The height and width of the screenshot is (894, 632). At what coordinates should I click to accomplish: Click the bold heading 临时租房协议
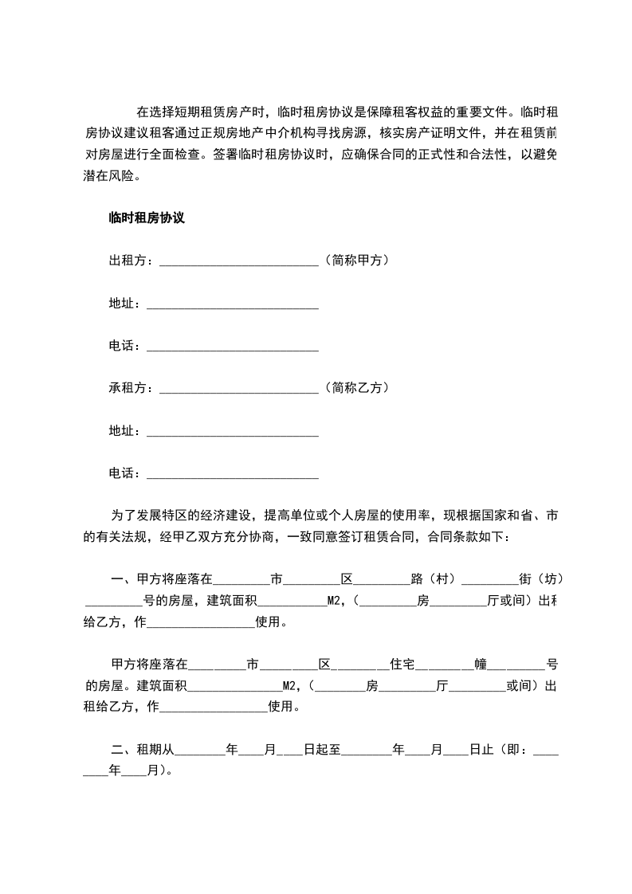coord(147,218)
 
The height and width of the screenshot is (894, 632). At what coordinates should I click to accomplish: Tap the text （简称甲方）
coord(356,260)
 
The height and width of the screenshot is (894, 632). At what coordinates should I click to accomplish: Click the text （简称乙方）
coord(356,387)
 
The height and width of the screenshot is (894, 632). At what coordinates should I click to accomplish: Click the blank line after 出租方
coord(239,263)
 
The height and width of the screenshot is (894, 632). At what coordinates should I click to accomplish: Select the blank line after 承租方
coord(239,390)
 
